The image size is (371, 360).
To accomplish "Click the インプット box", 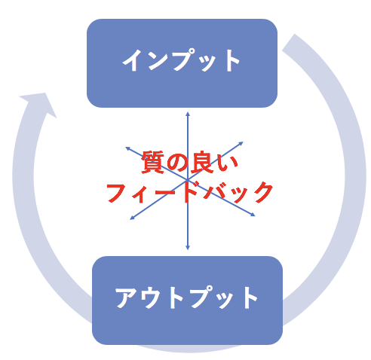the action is point(182,63).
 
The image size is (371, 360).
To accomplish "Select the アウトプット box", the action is point(187,301).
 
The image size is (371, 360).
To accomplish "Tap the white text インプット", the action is point(181,60).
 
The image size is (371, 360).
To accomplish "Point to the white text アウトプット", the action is point(186,297).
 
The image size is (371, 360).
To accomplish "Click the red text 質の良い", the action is point(189,162).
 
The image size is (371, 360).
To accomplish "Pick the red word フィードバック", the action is point(189,193).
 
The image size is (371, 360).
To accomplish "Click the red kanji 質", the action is point(152,162).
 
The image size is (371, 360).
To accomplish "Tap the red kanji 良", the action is point(202,162).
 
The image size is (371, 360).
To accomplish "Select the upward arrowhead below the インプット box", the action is point(188,114).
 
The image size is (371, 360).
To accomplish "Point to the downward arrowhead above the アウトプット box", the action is point(188,248).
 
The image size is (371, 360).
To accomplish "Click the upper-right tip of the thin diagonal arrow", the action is point(244,142).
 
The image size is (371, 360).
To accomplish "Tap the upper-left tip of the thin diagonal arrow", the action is point(126,148).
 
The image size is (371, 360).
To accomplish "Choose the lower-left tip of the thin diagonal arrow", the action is point(130,220).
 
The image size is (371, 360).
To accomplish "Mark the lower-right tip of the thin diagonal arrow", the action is point(255,215).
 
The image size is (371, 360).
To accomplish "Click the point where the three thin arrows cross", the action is point(188,180).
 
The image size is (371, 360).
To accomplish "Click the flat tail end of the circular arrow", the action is point(288,42).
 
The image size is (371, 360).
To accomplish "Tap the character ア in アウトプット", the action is point(127,297).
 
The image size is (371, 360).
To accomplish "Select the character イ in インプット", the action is point(133,60).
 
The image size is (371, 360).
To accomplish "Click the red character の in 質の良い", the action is point(177,162).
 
